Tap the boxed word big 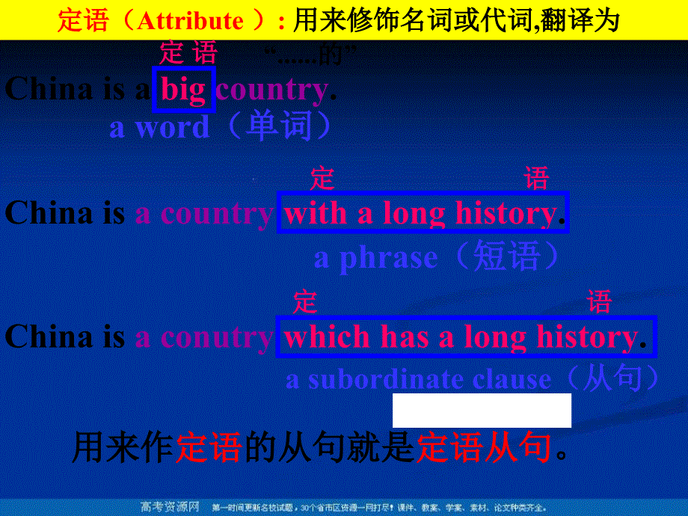coord(184,90)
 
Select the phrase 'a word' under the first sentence coord(159,128)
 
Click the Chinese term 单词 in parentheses coord(279,126)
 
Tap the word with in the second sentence coord(316,214)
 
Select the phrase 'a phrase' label coord(375,258)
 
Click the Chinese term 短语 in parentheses coord(506,257)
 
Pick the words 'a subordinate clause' coord(418,380)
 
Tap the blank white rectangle coord(482,411)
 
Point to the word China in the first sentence coord(49,90)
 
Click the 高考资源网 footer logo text coord(170,507)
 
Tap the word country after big coord(271,90)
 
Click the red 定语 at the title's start coord(79,20)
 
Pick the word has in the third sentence coord(405,337)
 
